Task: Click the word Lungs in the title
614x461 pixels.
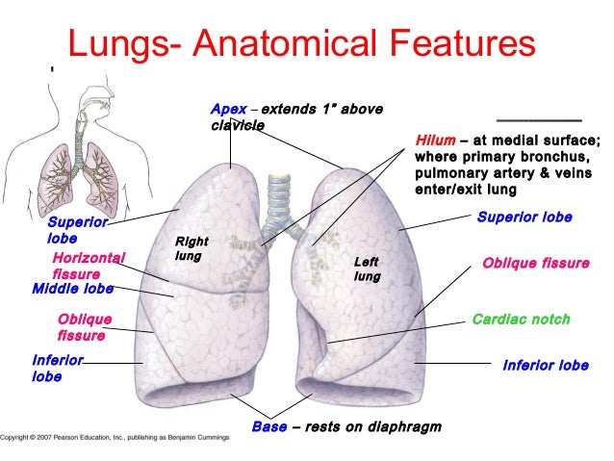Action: (x=115, y=42)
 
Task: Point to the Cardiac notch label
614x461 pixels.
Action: (x=521, y=319)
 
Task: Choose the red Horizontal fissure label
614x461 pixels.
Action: (x=88, y=265)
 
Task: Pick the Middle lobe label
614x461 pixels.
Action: (x=72, y=288)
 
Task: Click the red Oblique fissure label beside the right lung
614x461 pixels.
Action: (x=85, y=327)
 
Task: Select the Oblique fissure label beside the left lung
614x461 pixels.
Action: (x=535, y=262)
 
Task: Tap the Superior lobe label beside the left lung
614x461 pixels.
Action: (x=524, y=218)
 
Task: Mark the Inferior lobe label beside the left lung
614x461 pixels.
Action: (x=546, y=366)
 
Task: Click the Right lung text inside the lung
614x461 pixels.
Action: (x=191, y=249)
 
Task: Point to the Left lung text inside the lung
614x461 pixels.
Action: (x=368, y=269)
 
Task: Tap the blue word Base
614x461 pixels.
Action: (x=269, y=426)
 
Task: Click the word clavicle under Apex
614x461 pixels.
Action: (x=238, y=125)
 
